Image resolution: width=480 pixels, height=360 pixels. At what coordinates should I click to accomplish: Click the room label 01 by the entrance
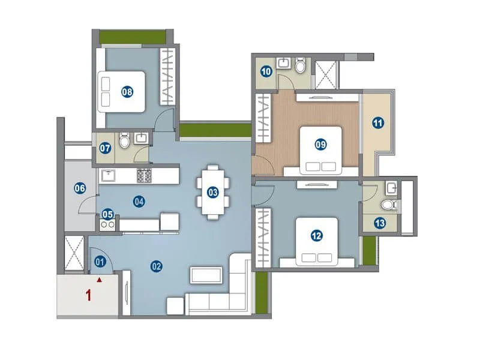click(100, 261)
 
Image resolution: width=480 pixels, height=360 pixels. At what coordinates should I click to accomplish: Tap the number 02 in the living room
click(157, 266)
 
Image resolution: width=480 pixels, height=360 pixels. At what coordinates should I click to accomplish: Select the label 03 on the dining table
click(212, 192)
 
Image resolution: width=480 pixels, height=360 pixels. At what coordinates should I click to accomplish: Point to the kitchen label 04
click(139, 202)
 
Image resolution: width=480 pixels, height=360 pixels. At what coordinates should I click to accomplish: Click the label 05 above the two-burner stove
click(107, 214)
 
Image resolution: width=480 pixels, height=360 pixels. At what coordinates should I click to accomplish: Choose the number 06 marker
click(79, 188)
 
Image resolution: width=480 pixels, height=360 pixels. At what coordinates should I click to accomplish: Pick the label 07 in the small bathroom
click(105, 148)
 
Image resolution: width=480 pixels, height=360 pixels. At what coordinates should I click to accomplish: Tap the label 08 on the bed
click(127, 92)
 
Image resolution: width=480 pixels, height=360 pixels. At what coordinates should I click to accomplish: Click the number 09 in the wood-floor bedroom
click(320, 143)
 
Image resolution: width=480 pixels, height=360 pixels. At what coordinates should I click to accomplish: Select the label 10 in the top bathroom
click(266, 71)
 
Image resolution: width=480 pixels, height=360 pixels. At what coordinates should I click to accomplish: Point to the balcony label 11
click(377, 124)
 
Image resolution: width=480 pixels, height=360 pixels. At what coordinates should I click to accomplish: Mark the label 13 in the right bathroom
click(379, 223)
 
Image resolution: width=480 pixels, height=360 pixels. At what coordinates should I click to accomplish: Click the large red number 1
click(88, 295)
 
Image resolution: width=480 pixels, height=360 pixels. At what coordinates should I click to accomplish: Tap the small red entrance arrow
click(100, 279)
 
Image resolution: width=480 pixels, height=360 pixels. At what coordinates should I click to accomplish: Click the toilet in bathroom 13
click(391, 205)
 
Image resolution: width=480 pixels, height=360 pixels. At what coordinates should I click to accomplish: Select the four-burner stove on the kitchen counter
click(145, 175)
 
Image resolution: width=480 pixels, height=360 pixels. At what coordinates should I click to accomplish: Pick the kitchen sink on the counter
click(109, 175)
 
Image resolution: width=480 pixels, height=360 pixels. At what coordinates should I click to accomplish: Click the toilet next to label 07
click(124, 142)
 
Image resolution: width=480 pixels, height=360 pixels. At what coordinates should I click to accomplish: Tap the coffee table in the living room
click(206, 275)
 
